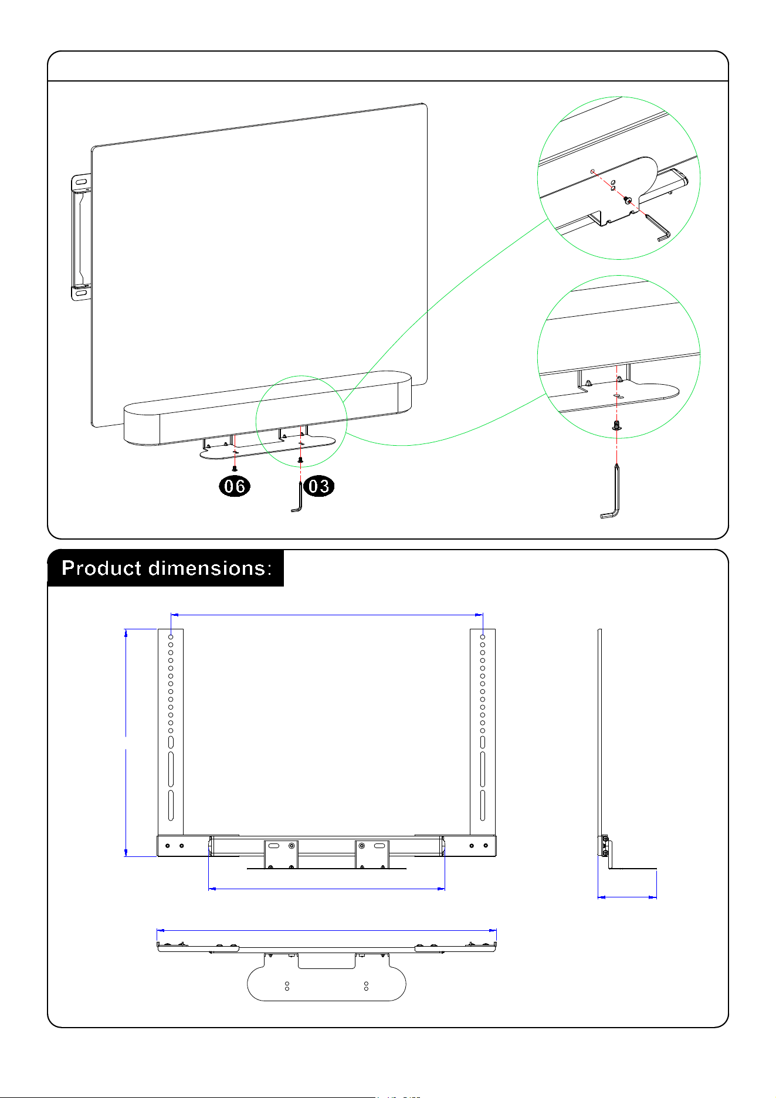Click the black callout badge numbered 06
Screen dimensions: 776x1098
pos(235,486)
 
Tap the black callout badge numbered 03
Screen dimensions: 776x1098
pos(319,486)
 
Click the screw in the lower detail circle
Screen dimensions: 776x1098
pos(616,425)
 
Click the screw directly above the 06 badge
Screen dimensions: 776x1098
pos(234,468)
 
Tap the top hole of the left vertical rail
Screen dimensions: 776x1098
pos(171,636)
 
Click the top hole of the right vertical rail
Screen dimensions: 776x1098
pos(483,636)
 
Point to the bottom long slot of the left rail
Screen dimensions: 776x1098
pos(171,805)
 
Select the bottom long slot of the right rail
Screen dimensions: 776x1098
pos(483,805)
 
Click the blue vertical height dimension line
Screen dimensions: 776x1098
pos(126,743)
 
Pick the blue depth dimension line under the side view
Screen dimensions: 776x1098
pos(627,897)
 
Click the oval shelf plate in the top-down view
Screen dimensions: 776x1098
pos(327,984)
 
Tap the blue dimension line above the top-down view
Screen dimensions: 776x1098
pos(327,930)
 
